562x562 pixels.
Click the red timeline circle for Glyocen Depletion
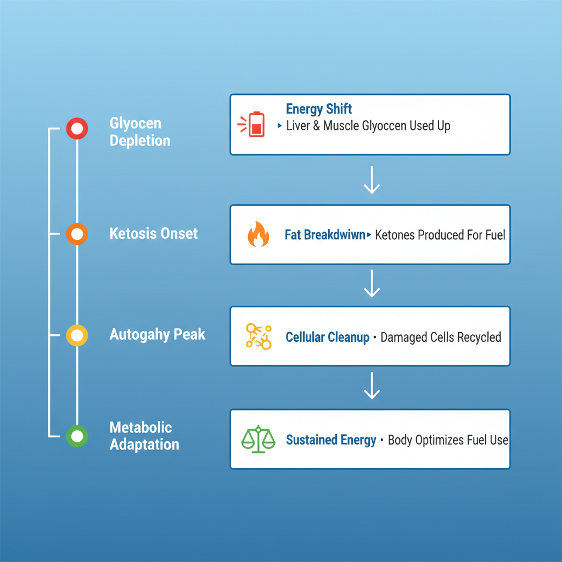[x=77, y=129]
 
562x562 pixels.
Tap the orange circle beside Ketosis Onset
[x=77, y=234]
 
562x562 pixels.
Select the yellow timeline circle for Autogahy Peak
[x=77, y=335]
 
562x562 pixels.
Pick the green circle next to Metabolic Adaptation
[x=77, y=436]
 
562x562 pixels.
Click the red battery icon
[x=255, y=125]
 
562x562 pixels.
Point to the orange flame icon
[x=258, y=235]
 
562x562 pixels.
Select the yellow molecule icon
[x=258, y=336]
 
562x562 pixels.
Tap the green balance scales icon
[x=258, y=439]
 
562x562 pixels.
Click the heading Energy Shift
[x=319, y=109]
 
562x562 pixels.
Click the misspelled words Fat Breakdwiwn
[x=325, y=235]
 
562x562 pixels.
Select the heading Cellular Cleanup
[x=327, y=337]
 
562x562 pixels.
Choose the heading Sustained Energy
[x=331, y=440]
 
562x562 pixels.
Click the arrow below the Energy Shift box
[x=372, y=180]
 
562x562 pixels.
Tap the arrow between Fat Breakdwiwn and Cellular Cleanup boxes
[x=372, y=283]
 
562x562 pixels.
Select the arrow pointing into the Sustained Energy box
[x=372, y=385]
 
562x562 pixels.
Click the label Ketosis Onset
[x=154, y=234]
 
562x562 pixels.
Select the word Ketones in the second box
[x=395, y=235]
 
